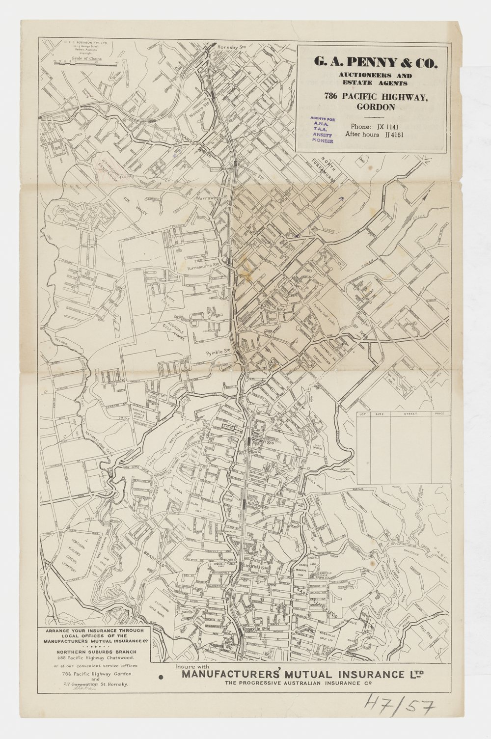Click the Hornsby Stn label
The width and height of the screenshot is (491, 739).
point(232,46)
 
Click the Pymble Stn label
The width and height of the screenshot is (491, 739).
point(218,352)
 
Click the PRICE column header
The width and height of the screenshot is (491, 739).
point(439,414)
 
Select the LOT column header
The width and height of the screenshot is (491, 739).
point(363,414)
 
